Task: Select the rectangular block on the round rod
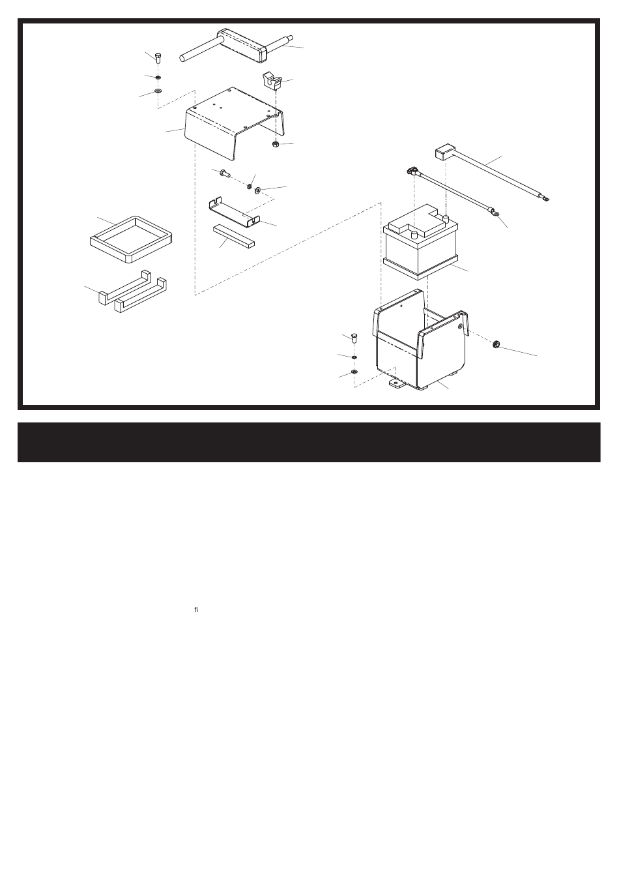242,45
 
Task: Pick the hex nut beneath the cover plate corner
276,144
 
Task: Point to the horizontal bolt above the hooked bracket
225,172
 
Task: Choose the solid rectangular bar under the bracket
234,236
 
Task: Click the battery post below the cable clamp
414,235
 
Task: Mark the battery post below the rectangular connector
446,218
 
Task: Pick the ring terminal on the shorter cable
495,214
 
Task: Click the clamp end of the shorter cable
412,171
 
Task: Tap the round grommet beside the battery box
495,344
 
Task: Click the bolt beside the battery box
354,338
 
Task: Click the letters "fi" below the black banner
196,610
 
